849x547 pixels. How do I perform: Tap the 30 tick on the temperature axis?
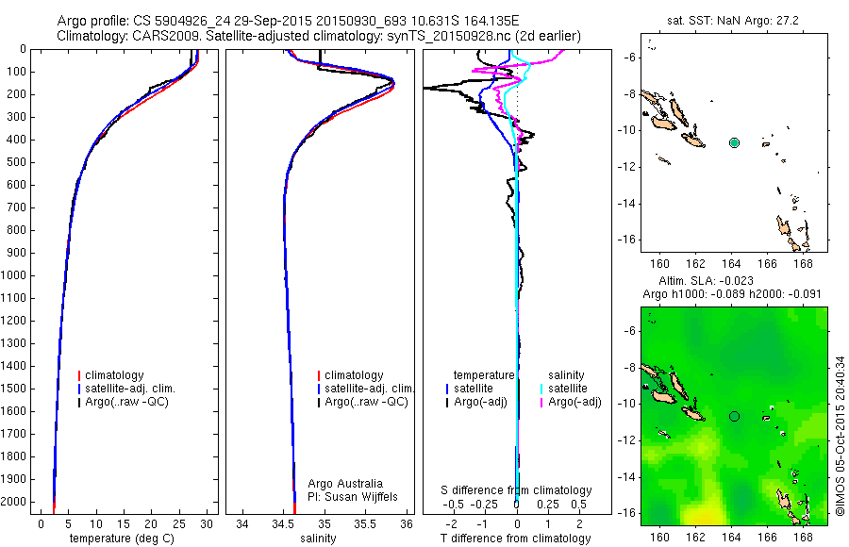click(x=207, y=522)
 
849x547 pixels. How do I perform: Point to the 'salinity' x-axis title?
click(x=318, y=539)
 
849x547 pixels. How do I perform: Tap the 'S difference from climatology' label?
click(x=517, y=490)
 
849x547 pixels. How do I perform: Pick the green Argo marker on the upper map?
click(x=735, y=142)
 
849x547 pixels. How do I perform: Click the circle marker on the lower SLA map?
click(x=735, y=416)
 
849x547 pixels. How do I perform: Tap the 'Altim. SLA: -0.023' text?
click(x=734, y=282)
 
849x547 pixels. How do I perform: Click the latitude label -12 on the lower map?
click(x=625, y=440)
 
